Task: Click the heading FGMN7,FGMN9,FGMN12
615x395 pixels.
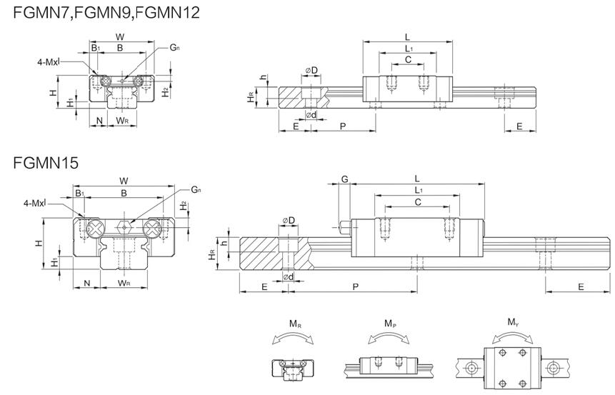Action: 106,12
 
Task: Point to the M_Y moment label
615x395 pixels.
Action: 513,324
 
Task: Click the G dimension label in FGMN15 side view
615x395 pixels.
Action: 344,179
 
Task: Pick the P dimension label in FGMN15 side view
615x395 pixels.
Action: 355,286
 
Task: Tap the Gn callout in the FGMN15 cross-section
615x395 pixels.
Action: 196,189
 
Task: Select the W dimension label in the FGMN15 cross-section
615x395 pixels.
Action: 124,180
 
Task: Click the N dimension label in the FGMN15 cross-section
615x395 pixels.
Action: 87,284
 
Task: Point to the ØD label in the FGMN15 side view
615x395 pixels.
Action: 289,219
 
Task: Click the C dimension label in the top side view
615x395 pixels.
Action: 408,60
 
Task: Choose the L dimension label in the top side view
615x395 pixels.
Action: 407,35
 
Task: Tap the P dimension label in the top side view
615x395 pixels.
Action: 343,126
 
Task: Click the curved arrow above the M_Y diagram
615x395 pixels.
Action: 513,336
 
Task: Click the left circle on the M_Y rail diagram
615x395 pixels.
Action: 471,367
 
